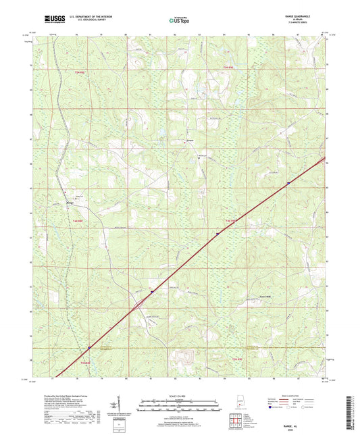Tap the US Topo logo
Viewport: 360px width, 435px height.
click(x=176, y=21)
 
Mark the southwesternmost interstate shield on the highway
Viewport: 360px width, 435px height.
click(x=88, y=349)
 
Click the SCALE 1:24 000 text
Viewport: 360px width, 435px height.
click(x=180, y=396)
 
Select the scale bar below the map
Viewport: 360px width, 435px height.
click(x=180, y=407)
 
